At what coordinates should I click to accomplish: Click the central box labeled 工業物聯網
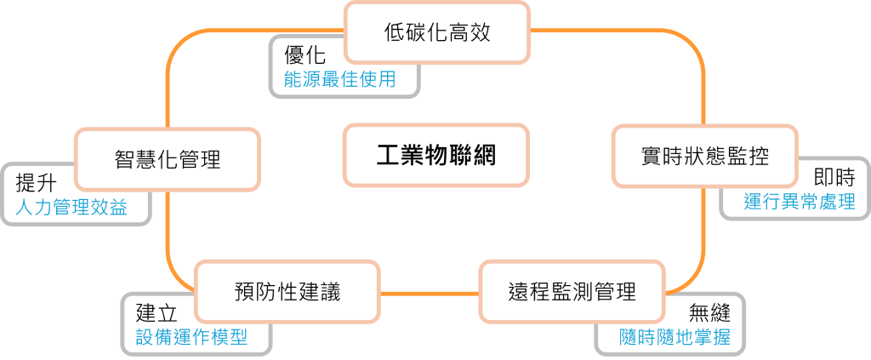point(435,157)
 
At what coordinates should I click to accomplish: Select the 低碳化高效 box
point(437,33)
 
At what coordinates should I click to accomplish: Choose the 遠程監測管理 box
point(570,293)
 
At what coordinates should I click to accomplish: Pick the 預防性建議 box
point(287,293)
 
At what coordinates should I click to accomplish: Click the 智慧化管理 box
point(168,159)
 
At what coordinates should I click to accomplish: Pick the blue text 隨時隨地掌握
point(675,336)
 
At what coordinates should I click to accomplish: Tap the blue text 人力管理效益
point(71,207)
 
